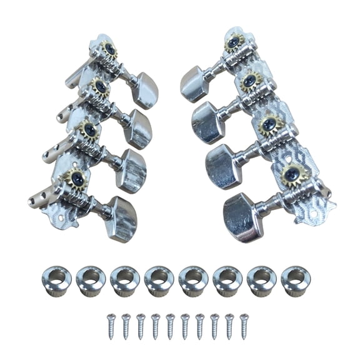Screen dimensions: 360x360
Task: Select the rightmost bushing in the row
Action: (x=295, y=280)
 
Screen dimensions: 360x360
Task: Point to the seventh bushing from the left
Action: (x=261, y=280)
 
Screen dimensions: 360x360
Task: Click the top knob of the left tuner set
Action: (x=146, y=91)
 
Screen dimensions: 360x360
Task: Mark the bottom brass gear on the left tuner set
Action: (x=74, y=179)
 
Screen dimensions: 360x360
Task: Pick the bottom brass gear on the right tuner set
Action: (x=292, y=172)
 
